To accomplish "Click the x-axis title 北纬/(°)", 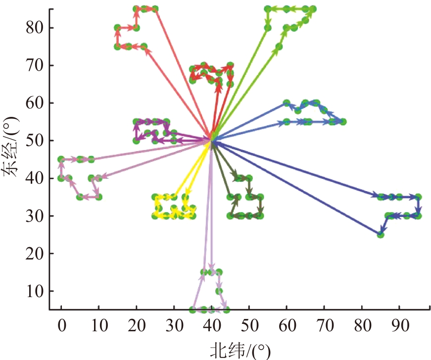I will (x=240, y=351).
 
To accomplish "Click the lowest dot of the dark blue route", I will (x=381, y=234).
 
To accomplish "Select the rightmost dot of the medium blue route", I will (x=343, y=121).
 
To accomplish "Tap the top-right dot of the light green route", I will (x=313, y=9).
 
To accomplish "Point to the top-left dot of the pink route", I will (x=61, y=159).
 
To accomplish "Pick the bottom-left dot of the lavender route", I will (x=192, y=309).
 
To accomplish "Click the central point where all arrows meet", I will (x=212, y=141).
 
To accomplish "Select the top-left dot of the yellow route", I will (x=155, y=197).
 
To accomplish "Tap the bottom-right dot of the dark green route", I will (x=260, y=215).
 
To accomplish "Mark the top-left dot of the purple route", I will (x=136, y=121).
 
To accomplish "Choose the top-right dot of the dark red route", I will (x=230, y=65).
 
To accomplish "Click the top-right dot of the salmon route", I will (x=155, y=9).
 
